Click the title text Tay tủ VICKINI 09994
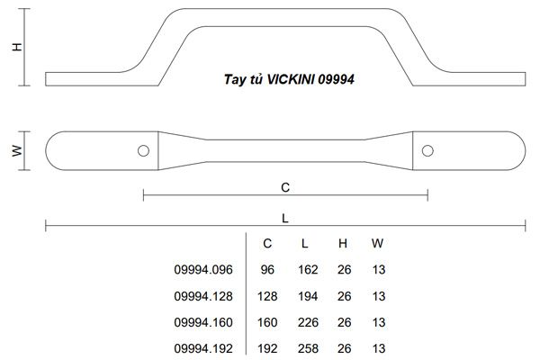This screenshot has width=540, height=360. pyautogui.click(x=288, y=79)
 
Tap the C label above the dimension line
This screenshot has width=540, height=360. pyautogui.click(x=285, y=187)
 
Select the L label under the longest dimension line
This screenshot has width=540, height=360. pyautogui.click(x=285, y=217)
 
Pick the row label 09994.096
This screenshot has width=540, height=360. pyautogui.click(x=202, y=268)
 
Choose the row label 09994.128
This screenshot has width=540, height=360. pyautogui.click(x=202, y=295)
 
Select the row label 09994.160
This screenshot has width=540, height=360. pyautogui.click(x=202, y=322)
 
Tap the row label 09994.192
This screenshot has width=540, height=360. pyautogui.click(x=202, y=348)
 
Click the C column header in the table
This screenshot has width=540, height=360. pyautogui.click(x=267, y=243)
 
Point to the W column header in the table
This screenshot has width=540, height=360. pyautogui.click(x=376, y=243)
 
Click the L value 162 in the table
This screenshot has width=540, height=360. pyautogui.click(x=307, y=268)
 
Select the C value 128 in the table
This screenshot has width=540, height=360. pyautogui.click(x=267, y=295)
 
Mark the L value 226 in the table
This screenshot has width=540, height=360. pyautogui.click(x=307, y=322)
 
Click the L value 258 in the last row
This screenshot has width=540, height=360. pyautogui.click(x=307, y=348)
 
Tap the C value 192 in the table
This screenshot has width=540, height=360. pyautogui.click(x=267, y=348)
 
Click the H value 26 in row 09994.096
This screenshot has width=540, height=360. pyautogui.click(x=343, y=268)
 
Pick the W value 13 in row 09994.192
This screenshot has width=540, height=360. pyautogui.click(x=378, y=348)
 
